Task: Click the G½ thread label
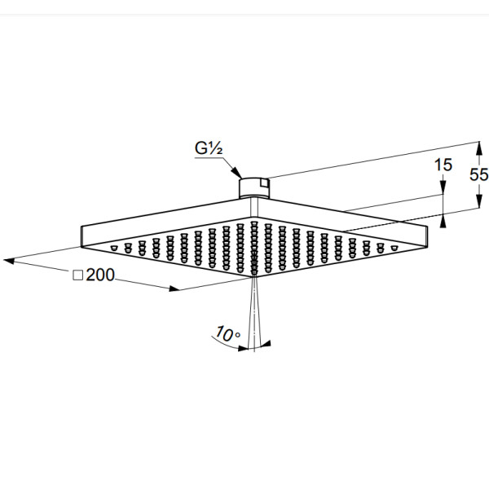point(209,148)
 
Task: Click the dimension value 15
point(443,165)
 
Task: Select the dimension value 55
point(479,174)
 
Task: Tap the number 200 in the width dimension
point(100,275)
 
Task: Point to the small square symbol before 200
point(77,275)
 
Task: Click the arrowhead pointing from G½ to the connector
point(236,173)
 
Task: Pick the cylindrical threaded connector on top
point(254,188)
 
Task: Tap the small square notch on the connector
point(264,183)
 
